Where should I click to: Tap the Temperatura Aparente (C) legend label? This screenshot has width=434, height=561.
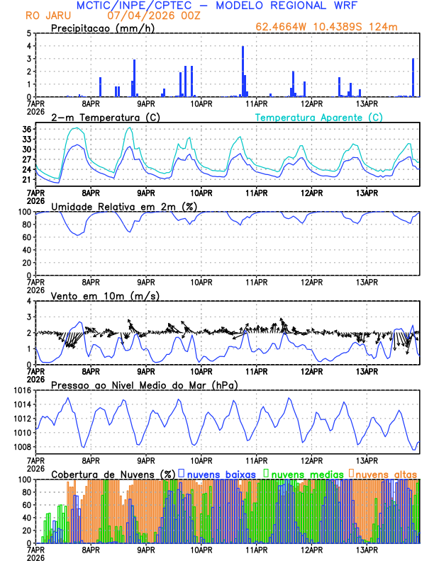319,117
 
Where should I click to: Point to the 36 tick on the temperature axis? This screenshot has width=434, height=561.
26,130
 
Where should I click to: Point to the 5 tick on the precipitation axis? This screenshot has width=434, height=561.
29,33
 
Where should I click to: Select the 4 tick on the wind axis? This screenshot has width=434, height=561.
29,301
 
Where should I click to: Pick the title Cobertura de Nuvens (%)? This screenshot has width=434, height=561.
112,473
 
